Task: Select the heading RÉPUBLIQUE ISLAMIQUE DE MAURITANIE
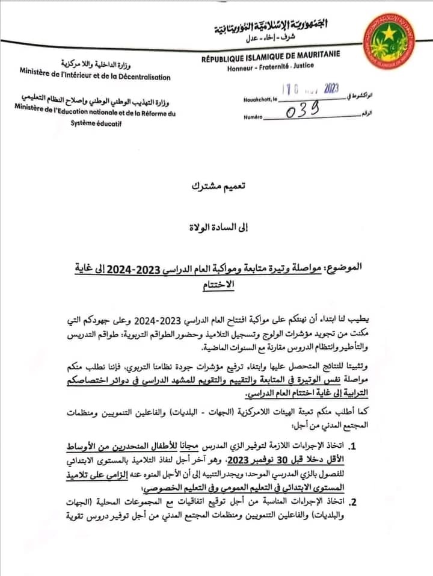tap(271, 55)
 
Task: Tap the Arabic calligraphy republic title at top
tap(272, 25)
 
